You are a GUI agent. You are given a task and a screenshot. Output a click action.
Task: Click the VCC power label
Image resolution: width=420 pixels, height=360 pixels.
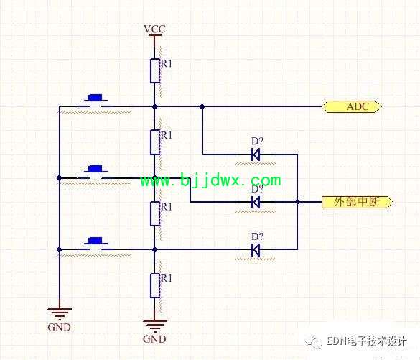(x=154, y=29)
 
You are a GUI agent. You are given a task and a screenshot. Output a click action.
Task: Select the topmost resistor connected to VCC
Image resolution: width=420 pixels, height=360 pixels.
(x=155, y=70)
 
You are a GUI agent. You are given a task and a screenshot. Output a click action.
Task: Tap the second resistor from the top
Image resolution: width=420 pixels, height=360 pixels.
(x=155, y=142)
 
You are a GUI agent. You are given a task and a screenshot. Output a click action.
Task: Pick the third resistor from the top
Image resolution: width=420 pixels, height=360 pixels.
(x=155, y=214)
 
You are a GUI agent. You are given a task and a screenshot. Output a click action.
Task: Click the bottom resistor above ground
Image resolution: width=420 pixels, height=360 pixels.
(x=155, y=285)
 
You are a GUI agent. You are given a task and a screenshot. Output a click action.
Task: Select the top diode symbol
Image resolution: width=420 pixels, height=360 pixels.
(x=256, y=154)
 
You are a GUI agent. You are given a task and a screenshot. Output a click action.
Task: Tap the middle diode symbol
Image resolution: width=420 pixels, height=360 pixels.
(x=256, y=202)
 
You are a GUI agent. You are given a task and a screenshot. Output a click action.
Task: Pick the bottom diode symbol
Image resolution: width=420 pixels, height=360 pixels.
(x=256, y=250)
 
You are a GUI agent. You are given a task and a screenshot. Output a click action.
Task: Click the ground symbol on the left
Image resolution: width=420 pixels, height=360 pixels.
(x=60, y=314)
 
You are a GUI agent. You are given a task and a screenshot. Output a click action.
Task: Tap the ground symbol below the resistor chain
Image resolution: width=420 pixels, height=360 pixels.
(x=155, y=326)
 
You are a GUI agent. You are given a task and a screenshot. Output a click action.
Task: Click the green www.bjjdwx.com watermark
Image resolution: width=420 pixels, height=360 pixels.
(x=211, y=180)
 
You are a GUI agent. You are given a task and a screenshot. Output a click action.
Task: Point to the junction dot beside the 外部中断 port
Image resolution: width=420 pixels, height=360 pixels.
(x=297, y=202)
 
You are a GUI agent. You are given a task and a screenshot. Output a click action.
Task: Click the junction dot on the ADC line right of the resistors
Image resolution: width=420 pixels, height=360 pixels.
(x=202, y=106)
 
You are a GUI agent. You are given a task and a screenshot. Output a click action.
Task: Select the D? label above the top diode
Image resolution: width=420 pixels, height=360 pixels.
(x=257, y=142)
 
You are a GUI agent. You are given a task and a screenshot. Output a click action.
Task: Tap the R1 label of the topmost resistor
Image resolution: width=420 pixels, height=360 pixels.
(x=166, y=64)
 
